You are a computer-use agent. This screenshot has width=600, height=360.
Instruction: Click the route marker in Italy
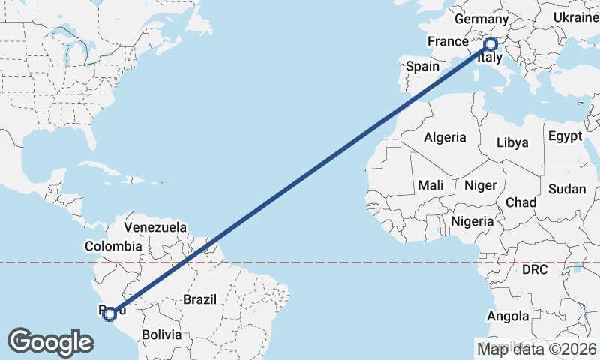[490, 44]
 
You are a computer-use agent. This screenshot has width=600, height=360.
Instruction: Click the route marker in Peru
[109, 314]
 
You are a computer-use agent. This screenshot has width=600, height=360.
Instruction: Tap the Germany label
[481, 18]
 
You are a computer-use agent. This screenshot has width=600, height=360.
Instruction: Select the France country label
[448, 40]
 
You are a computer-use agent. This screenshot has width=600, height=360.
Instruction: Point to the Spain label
[422, 66]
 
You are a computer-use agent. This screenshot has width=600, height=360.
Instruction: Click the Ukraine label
[574, 17]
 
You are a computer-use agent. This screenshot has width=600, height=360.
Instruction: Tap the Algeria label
[445, 137]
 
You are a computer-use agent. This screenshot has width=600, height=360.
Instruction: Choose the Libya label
[513, 142]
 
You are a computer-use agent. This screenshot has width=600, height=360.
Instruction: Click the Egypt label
[565, 136]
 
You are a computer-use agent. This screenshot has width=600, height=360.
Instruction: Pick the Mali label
[430, 184]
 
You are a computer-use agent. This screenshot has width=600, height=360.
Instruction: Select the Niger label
[480, 185]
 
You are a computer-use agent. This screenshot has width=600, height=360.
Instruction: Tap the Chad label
[520, 202]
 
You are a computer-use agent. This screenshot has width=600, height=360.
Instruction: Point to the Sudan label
[566, 189]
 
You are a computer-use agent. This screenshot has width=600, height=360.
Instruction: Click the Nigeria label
[472, 221]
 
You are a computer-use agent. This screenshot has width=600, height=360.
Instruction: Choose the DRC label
[535, 268]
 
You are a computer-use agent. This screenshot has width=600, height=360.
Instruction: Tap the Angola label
[508, 316]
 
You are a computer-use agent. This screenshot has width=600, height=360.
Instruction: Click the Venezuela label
[155, 226]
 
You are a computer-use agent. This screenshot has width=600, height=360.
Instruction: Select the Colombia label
[113, 245]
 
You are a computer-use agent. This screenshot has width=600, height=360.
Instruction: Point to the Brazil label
[199, 299]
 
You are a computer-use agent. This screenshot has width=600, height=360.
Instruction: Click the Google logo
[50, 341]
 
